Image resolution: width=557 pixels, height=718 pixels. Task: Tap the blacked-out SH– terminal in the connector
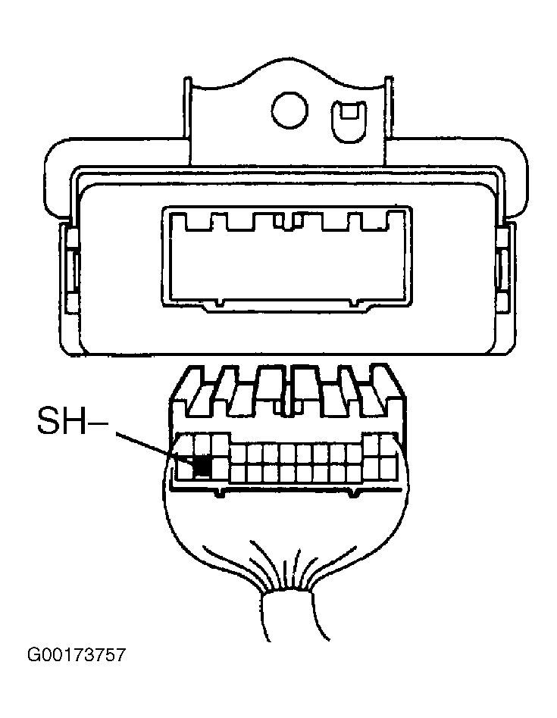click(x=202, y=467)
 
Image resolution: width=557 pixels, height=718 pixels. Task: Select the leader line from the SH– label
click(x=156, y=445)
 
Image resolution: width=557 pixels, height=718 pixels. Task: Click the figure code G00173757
click(x=76, y=655)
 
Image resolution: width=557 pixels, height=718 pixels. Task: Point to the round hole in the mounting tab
click(x=289, y=111)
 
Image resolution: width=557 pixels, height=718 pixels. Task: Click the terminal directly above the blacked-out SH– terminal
click(x=202, y=445)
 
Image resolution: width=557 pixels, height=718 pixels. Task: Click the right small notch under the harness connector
click(x=352, y=493)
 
